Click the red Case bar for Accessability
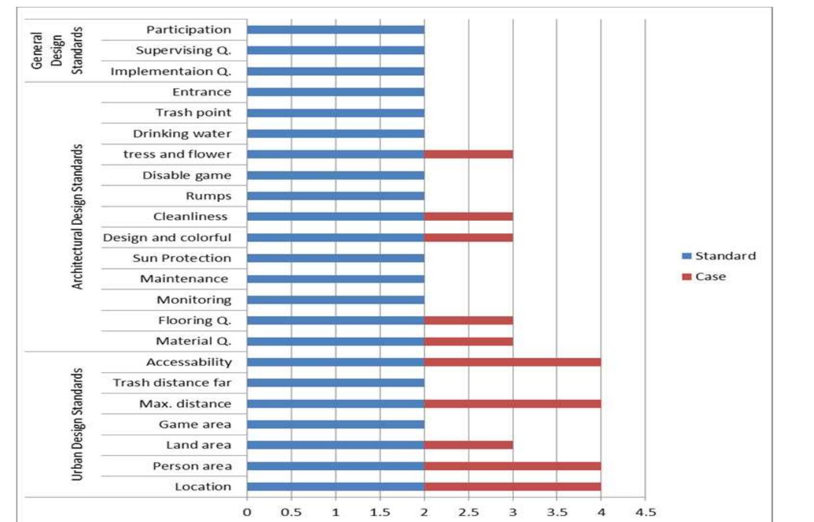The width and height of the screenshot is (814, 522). click(512, 362)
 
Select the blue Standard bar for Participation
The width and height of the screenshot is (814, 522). click(336, 30)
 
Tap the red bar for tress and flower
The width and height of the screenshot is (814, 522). click(468, 154)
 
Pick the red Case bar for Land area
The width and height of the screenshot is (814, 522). click(468, 445)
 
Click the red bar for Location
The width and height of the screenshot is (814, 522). click(512, 487)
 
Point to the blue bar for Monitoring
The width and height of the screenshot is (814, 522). click(336, 300)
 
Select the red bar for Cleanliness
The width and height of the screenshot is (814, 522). click(468, 216)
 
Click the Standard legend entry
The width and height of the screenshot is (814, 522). click(719, 256)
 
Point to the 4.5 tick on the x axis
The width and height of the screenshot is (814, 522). click(646, 512)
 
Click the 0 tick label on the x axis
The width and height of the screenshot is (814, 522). click(247, 512)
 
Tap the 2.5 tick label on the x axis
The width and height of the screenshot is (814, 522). click(468, 512)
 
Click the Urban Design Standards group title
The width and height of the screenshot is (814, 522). click(77, 424)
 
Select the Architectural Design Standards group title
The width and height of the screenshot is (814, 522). click(77, 216)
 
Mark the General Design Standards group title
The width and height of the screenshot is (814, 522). click(56, 51)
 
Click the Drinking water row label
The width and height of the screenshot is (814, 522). click(182, 134)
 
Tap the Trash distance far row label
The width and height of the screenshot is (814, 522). click(172, 383)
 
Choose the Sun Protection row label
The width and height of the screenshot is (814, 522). click(181, 258)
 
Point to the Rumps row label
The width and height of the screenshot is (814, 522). click(208, 196)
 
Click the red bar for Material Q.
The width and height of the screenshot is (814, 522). click(468, 341)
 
